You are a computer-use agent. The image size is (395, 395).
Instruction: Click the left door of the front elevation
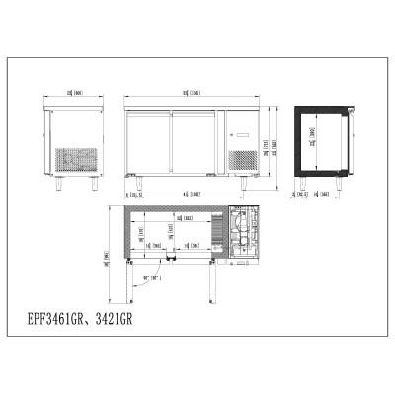[x=150, y=142]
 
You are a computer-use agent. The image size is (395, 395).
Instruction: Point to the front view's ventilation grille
[x=243, y=161]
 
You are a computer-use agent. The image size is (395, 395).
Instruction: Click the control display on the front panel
[x=244, y=133]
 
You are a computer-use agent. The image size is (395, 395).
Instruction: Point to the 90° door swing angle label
[x=152, y=278]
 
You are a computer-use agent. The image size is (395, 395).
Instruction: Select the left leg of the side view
[x=59, y=183]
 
